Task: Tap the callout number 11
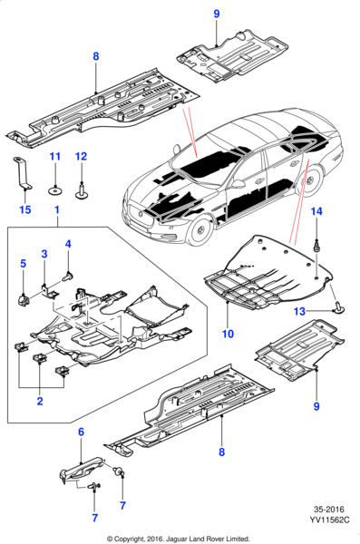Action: coord(54,157)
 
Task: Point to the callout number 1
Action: coord(56,211)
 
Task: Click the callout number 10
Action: coord(227,334)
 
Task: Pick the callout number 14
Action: coord(316,211)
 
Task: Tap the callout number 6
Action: coord(80,432)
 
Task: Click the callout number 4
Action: coord(67,243)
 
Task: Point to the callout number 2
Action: coord(39,400)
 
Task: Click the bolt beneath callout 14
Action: coord(316,244)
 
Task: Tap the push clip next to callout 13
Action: coord(335,308)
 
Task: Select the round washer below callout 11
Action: coord(54,189)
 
